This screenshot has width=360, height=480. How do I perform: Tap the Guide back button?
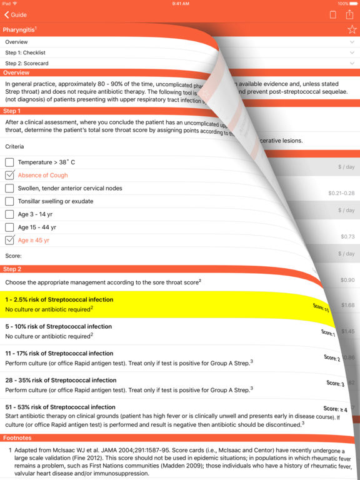coord(16,14)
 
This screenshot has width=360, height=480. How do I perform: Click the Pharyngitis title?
coord(19,29)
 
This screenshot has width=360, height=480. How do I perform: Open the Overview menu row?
coord(17,42)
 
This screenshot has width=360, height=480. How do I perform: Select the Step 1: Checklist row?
coord(25,52)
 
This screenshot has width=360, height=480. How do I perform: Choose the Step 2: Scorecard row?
coord(27,63)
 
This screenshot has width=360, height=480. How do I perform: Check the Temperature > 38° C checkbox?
coord(9,162)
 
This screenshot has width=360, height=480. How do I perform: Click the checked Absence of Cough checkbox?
coord(9,176)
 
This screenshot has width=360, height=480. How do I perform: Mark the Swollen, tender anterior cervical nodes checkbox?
coord(9,188)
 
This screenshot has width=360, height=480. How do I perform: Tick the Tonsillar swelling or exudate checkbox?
coord(9,201)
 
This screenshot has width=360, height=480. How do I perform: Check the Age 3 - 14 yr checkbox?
coord(9,214)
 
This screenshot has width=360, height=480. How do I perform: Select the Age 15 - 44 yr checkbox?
coord(9,227)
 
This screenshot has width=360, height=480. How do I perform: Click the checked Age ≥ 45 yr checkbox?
coord(9,240)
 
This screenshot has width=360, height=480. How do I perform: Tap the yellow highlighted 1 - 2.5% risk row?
coord(156,304)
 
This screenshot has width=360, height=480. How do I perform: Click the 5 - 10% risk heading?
coord(59,326)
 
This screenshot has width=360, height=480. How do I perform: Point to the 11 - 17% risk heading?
coord(59,353)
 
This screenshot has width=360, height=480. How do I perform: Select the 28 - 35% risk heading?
coord(61,380)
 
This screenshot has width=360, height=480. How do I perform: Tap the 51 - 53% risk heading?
coord(61,407)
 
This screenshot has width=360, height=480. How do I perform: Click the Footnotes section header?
coord(19,438)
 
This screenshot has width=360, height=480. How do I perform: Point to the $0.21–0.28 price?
coord(341,193)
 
